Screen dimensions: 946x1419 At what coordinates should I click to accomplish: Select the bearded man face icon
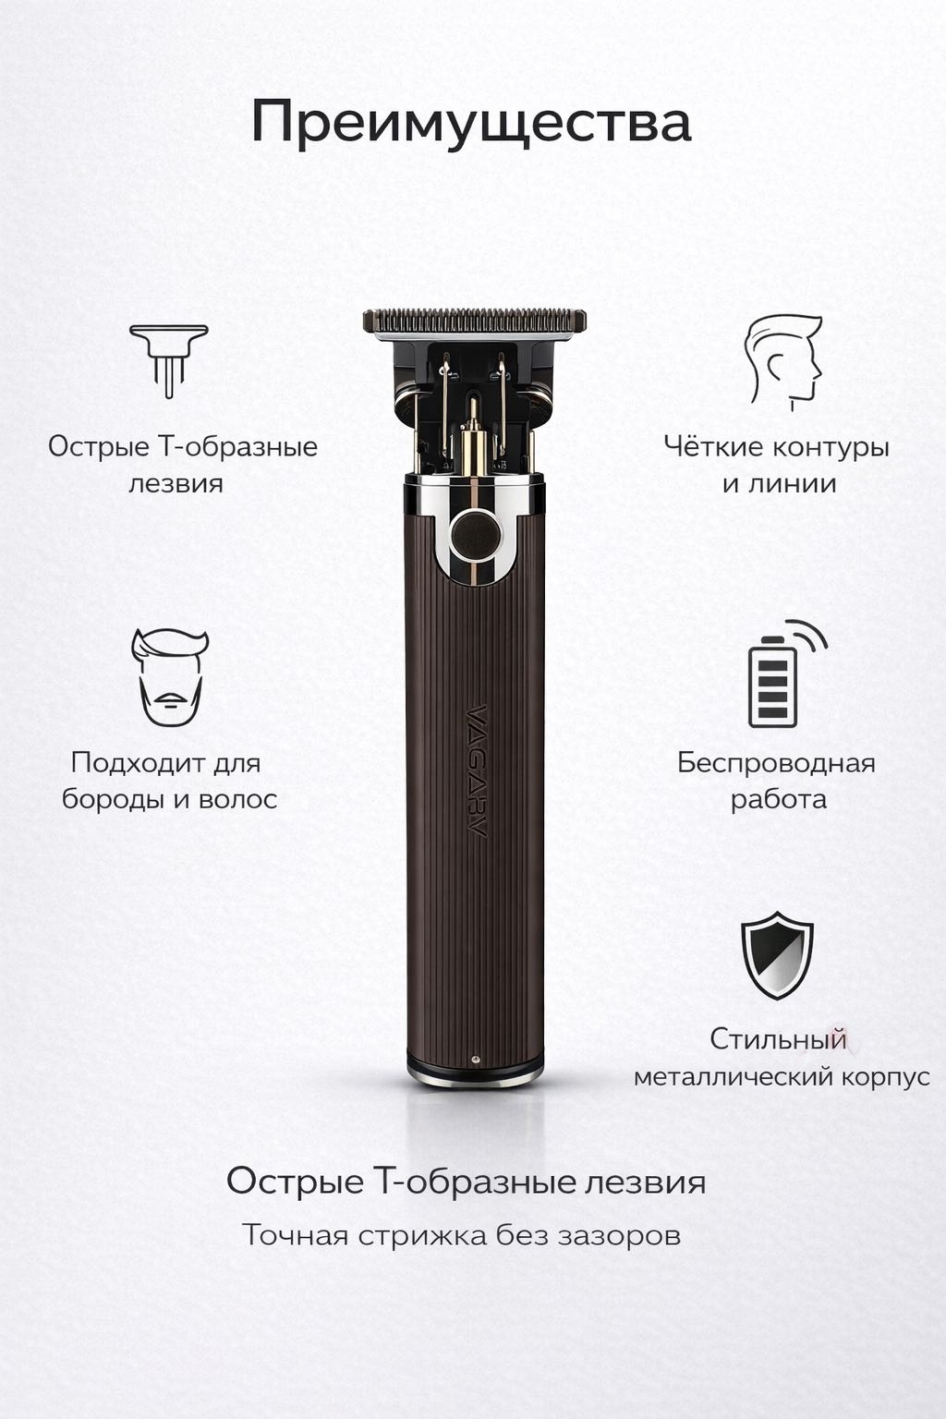pos(170,677)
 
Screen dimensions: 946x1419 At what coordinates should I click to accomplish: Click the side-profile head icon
pos(783,362)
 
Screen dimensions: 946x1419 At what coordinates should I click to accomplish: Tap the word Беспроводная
pos(776,762)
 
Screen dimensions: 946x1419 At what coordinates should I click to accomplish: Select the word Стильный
pos(778,1039)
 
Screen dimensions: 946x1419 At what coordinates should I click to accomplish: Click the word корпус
pos(887,1077)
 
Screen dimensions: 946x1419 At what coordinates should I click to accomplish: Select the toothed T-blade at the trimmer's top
pos(475,321)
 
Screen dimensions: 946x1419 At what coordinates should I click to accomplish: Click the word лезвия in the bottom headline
pos(644,1182)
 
